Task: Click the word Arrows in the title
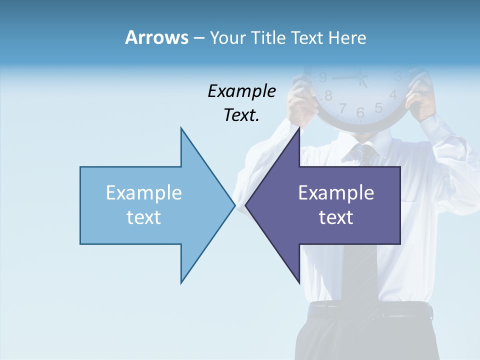[x=156, y=37]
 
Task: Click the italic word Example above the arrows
[x=242, y=91]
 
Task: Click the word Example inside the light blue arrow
[x=144, y=192]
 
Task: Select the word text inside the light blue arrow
[x=144, y=217]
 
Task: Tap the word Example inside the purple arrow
[x=336, y=192]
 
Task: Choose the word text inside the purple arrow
[x=336, y=217]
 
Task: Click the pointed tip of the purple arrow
[x=246, y=205]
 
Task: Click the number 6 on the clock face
[x=360, y=113]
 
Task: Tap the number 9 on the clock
[x=323, y=77]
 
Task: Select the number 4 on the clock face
[x=393, y=94]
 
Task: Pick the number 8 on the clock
[x=328, y=95]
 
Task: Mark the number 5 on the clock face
[x=378, y=107]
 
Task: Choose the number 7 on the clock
[x=343, y=107]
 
